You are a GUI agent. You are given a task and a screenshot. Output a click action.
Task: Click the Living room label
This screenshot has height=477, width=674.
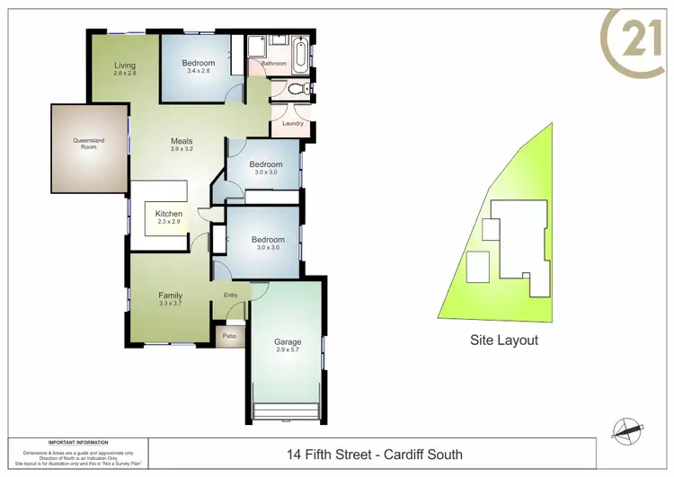click(125, 65)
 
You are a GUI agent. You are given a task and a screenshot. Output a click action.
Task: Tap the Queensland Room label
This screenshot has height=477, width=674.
click(90, 144)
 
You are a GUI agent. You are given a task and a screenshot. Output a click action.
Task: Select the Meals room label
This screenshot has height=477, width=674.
click(182, 141)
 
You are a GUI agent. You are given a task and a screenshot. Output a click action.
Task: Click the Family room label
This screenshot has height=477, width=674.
click(171, 295)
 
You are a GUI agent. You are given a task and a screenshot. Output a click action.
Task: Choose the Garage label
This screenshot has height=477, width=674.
click(288, 342)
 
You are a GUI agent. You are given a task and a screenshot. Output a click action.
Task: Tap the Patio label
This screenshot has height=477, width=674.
click(229, 337)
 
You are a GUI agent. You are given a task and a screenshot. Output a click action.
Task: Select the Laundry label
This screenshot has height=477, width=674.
click(293, 123)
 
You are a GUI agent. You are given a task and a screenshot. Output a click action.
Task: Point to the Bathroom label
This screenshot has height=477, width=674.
click(273, 65)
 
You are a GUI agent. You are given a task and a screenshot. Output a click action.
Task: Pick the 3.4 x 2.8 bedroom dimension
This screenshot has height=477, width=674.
click(198, 72)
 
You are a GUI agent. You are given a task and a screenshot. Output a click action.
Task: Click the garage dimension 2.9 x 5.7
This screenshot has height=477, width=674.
click(288, 350)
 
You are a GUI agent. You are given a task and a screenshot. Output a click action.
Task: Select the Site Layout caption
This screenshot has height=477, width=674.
click(504, 340)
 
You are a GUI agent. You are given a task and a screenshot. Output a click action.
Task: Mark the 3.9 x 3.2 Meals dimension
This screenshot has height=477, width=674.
click(182, 149)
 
